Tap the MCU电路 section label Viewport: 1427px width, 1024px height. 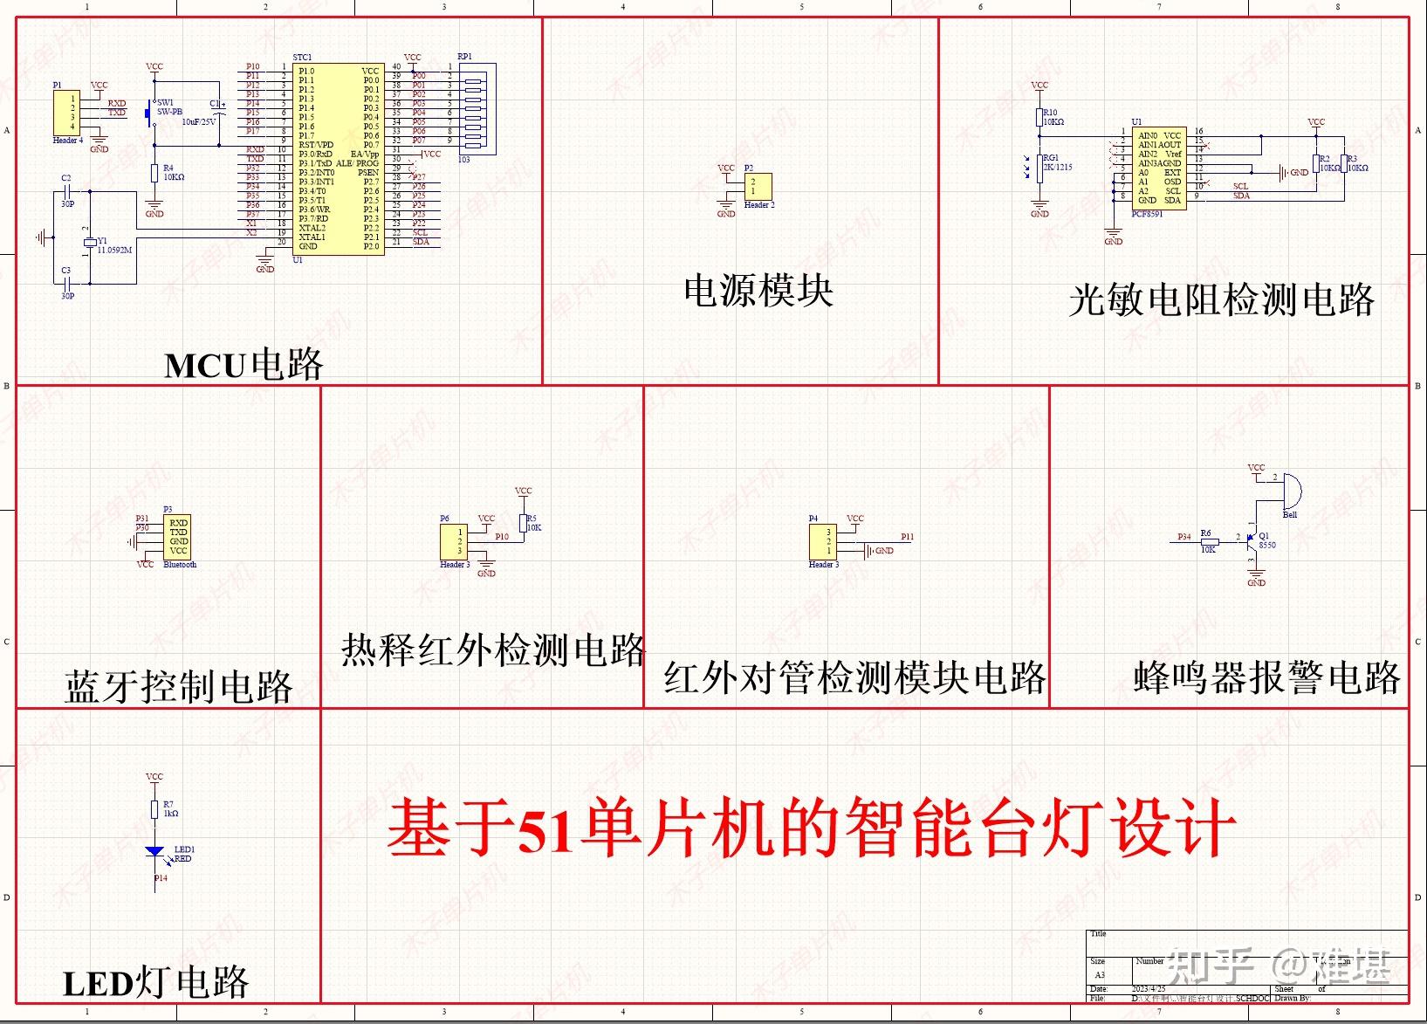(244, 365)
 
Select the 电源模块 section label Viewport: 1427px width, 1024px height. (758, 291)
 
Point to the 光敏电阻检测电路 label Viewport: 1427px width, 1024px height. (1221, 300)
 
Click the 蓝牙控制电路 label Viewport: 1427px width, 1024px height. (178, 687)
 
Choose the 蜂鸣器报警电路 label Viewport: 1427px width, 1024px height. (1266, 677)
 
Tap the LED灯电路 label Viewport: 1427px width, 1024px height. (156, 983)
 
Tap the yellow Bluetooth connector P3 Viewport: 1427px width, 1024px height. (178, 537)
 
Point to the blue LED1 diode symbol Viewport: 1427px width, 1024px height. (154, 851)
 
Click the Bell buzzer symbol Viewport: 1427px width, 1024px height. (1291, 491)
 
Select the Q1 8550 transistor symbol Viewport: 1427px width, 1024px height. (1252, 540)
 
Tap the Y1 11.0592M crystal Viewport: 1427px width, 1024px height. (88, 243)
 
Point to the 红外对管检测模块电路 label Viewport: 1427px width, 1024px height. (854, 678)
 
